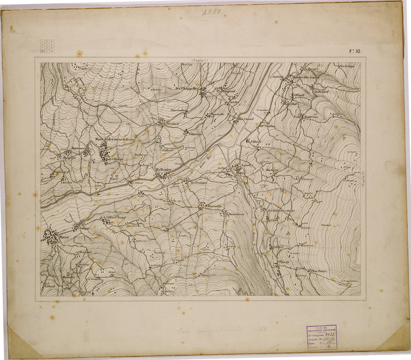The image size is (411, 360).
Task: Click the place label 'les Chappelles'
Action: coord(186,89)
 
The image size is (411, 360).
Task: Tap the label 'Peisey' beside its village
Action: coord(284,261)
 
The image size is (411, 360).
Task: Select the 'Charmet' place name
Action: coord(84,252)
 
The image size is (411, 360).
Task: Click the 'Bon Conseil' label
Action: coord(246,119)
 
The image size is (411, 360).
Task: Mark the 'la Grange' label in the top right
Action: coord(347,66)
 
